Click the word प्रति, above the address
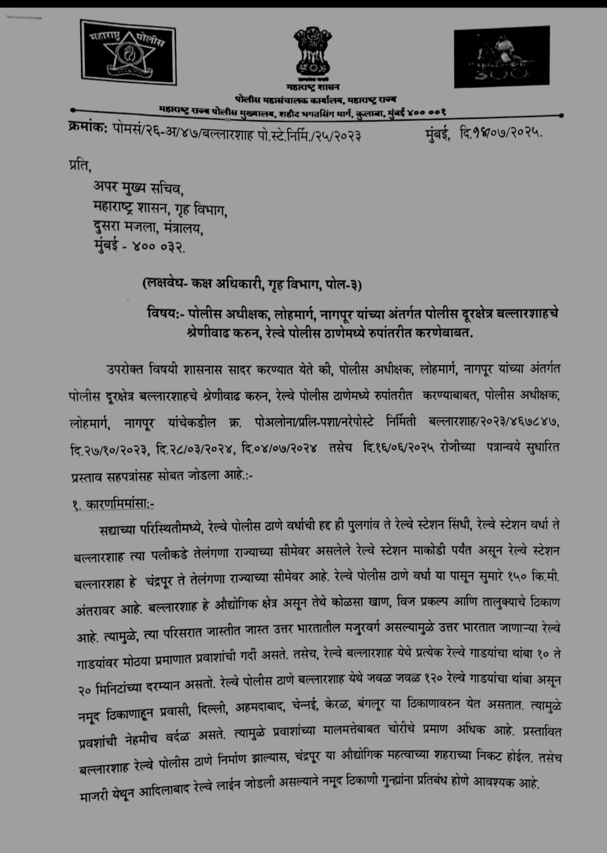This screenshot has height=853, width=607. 79,166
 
